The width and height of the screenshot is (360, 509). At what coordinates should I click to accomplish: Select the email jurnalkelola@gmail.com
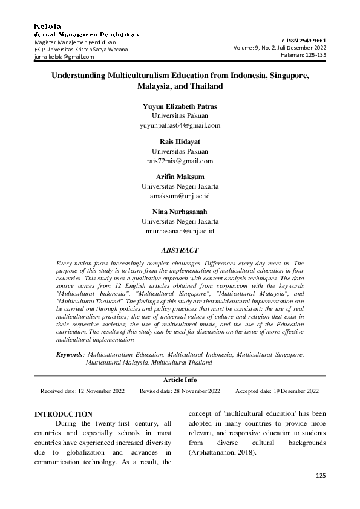[x=64, y=57]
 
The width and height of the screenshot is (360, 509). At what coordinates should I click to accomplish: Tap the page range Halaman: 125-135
[x=303, y=54]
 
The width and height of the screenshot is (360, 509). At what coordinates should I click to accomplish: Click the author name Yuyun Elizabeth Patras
[x=180, y=106]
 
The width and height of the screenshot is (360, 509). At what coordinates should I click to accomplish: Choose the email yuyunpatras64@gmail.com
[x=180, y=125]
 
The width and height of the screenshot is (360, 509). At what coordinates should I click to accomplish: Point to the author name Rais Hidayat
[x=180, y=141]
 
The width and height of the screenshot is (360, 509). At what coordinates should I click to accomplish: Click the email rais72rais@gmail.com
[x=180, y=161]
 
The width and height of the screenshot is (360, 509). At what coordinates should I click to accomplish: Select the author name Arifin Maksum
[x=180, y=177]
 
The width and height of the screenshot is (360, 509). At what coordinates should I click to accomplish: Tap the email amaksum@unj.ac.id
[x=180, y=196]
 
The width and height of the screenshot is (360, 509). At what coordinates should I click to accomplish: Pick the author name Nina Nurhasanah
[x=180, y=212]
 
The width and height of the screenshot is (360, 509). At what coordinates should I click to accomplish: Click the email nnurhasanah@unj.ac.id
[x=180, y=231]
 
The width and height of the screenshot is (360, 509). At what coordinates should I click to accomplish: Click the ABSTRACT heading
[x=180, y=249]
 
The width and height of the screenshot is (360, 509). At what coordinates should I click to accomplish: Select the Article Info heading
[x=180, y=380]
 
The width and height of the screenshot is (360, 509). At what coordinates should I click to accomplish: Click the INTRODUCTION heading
[x=64, y=414]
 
